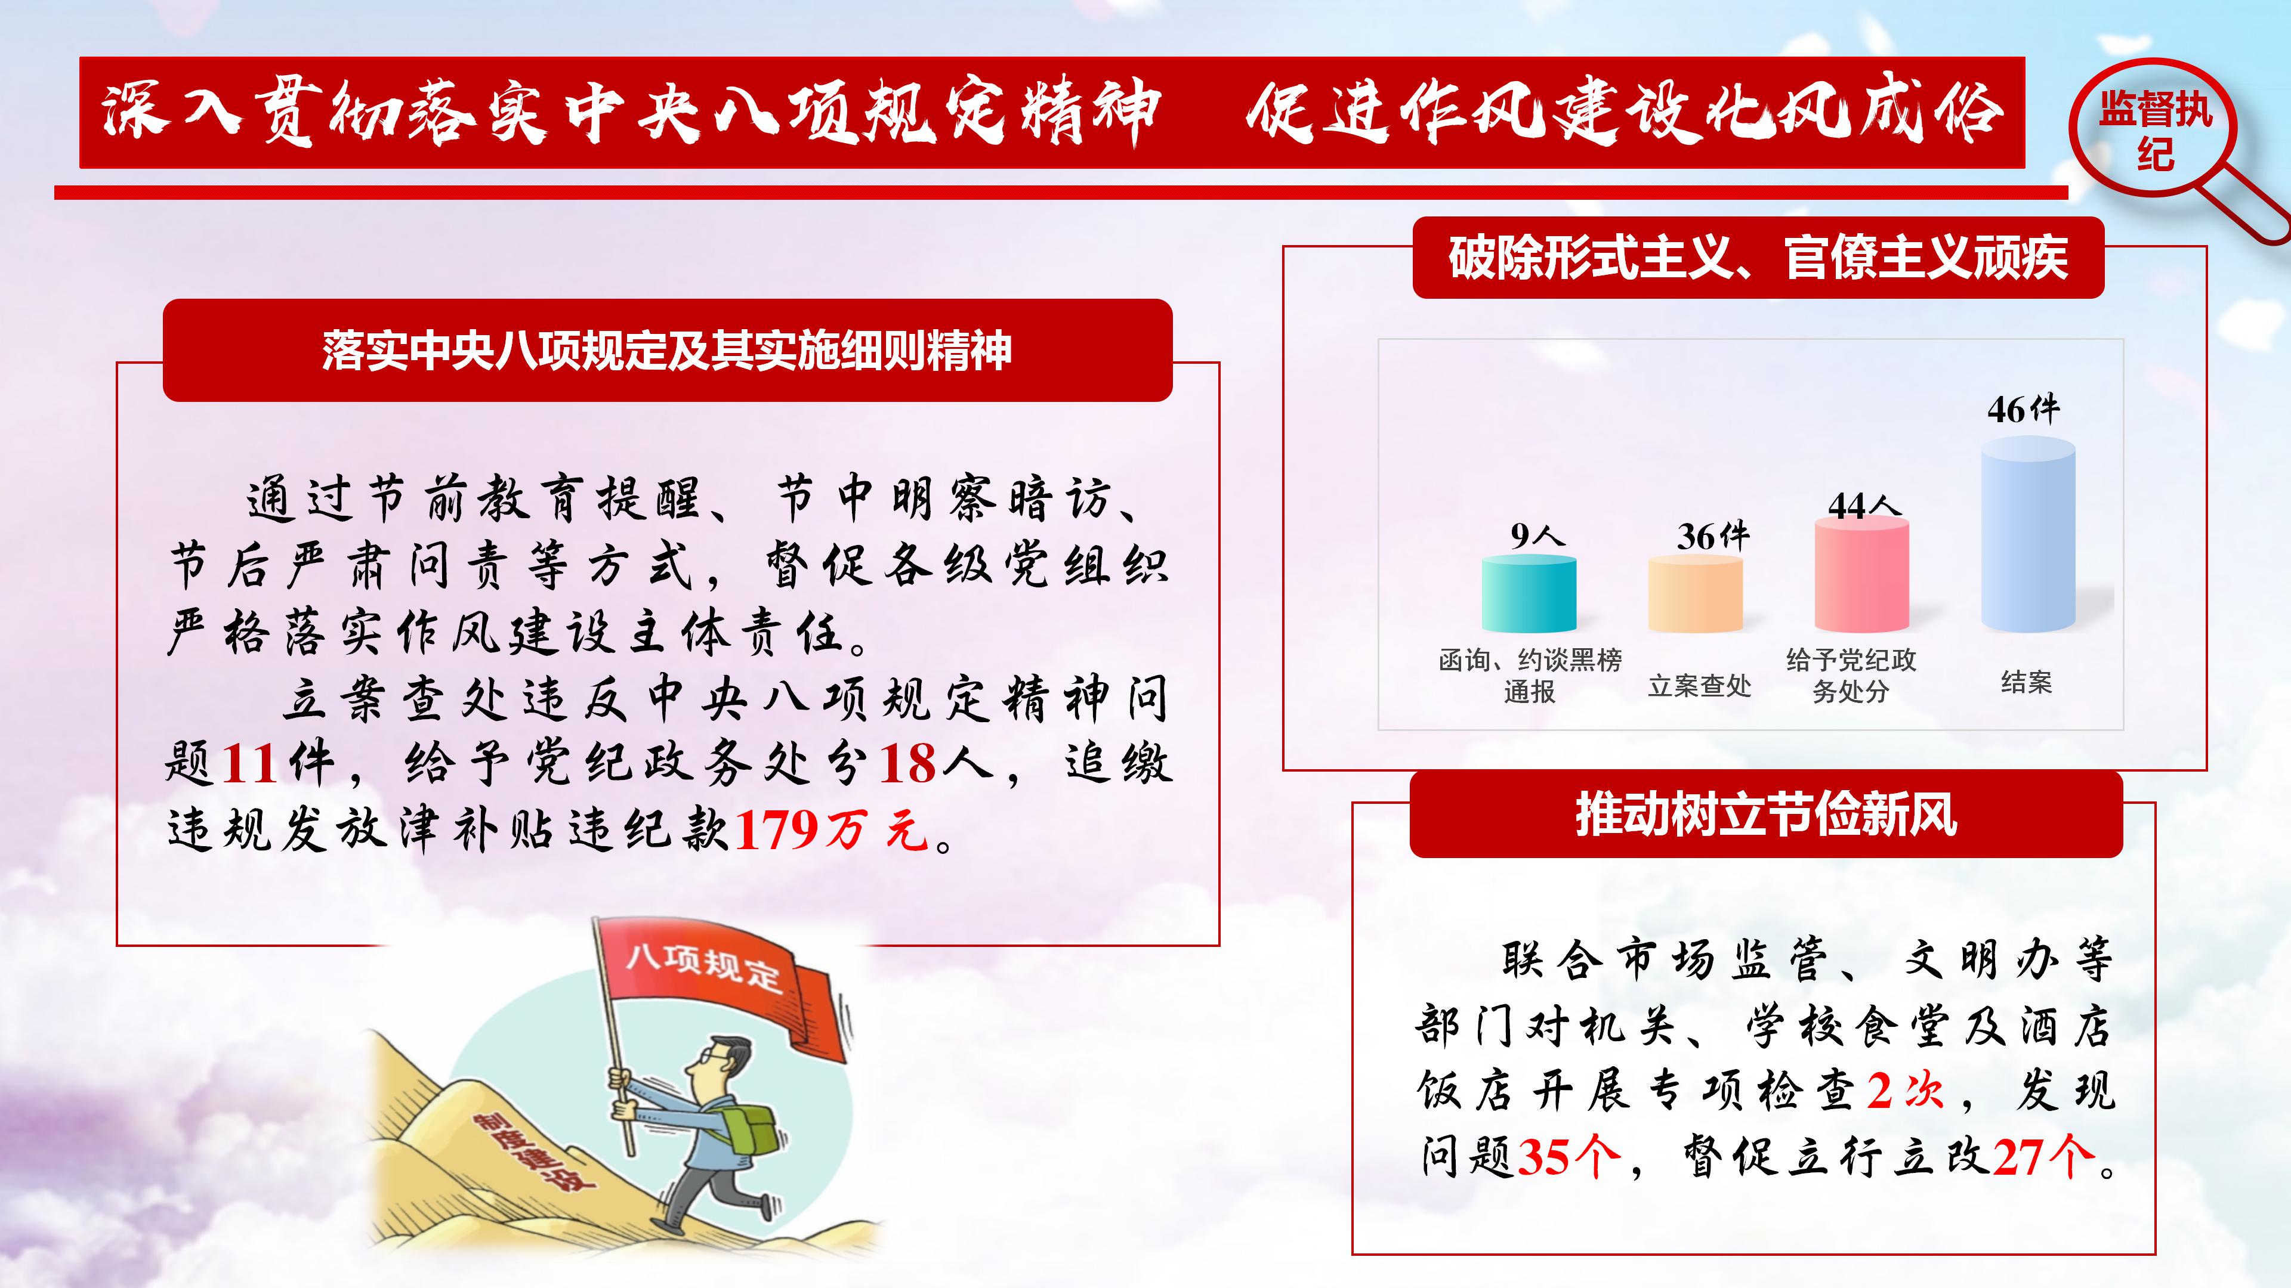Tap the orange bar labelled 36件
coord(1695,594)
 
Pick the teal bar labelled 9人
coord(1529,594)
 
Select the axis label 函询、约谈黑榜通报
coord(1530,676)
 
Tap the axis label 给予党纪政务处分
coord(1851,676)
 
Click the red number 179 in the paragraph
coord(776,830)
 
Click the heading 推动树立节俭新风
coord(1766,814)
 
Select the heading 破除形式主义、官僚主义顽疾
coord(1758,258)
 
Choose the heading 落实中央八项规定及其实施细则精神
coord(667,350)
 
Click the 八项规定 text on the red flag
coord(703,967)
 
